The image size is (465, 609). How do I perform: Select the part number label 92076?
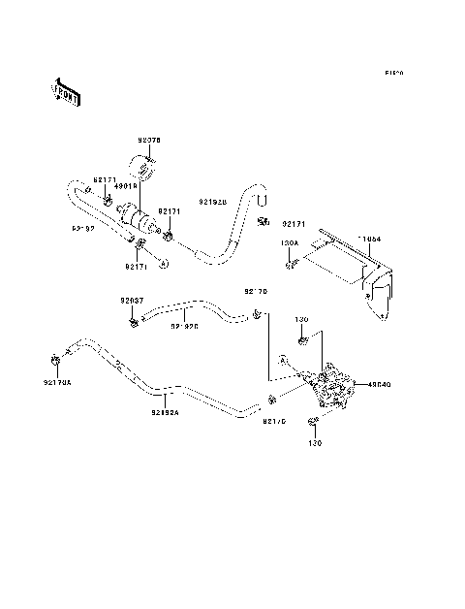[x=148, y=141]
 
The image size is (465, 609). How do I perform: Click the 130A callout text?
[x=290, y=243]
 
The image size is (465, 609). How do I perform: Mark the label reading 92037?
[x=132, y=301]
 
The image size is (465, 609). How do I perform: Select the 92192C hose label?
[x=185, y=327]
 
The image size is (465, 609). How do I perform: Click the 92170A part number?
[x=58, y=382]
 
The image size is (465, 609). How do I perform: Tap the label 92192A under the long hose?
[x=164, y=413]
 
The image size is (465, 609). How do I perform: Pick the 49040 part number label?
[x=379, y=384]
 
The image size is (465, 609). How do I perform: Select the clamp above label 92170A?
[x=56, y=364]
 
